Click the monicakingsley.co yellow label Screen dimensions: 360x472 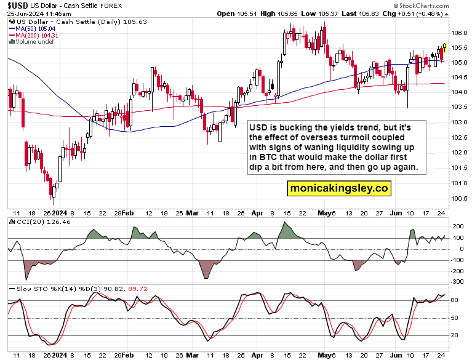338,188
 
